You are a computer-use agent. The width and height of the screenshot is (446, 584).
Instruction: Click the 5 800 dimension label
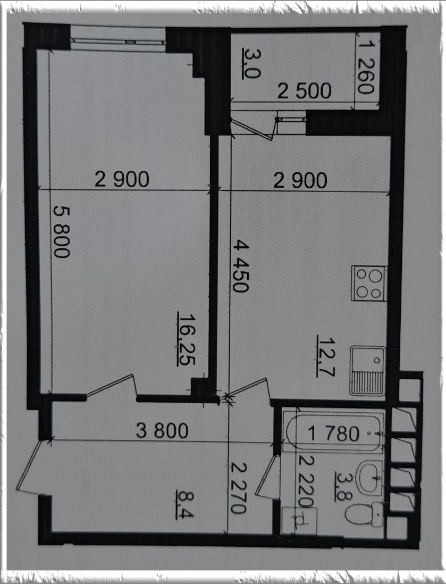coord(62,232)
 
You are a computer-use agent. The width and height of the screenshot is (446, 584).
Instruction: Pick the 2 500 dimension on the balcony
coord(304,91)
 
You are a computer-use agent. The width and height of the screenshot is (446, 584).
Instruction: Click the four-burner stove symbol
coord(369,283)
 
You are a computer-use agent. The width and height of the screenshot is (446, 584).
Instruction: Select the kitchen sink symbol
coord(367,371)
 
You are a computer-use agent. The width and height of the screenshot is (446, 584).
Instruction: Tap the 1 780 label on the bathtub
coord(333,433)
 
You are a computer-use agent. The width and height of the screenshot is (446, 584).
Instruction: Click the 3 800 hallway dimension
coord(162,431)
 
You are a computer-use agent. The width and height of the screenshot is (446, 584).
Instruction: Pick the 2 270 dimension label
coord(238,487)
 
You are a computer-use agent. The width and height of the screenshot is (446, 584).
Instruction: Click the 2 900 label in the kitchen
coord(300,180)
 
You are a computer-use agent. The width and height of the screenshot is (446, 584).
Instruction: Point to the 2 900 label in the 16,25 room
coord(122,179)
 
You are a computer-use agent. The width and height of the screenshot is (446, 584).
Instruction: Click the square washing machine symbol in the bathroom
coord(299,520)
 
